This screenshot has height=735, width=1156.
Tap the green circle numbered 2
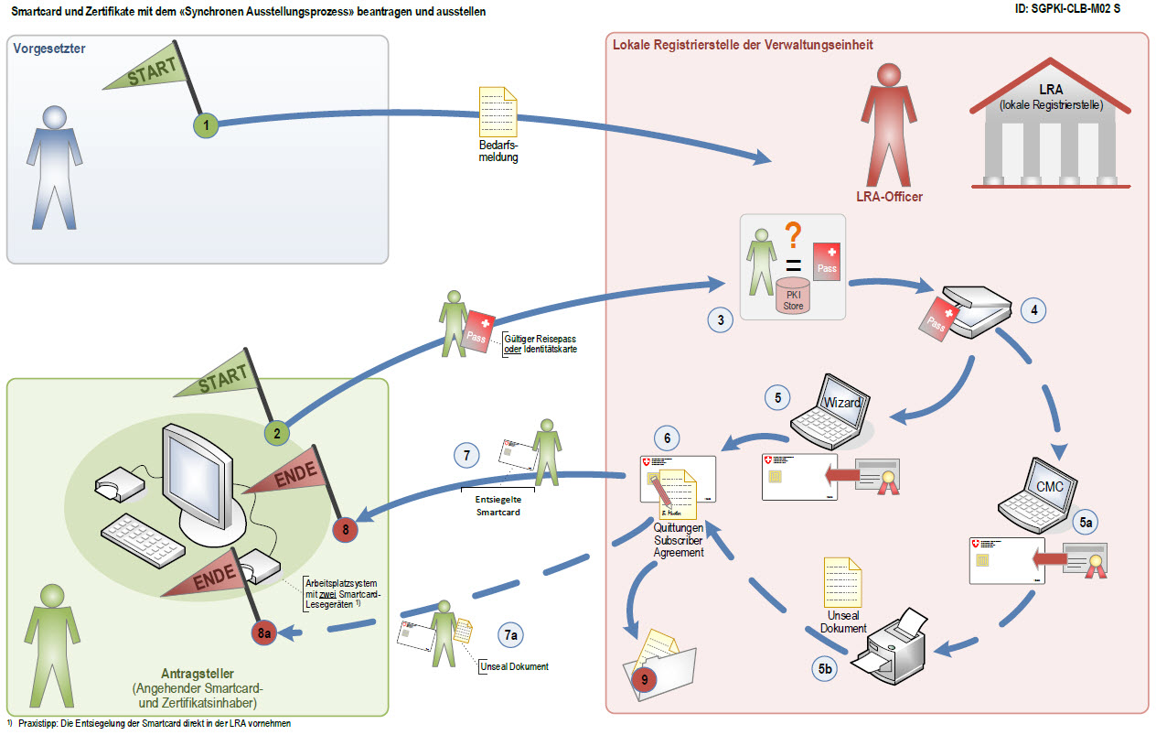pyautogui.click(x=276, y=433)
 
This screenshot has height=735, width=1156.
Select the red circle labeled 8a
pyautogui.click(x=265, y=632)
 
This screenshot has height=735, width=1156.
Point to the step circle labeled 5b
pyautogui.click(x=825, y=668)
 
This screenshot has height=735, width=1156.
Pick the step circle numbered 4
pyautogui.click(x=1033, y=310)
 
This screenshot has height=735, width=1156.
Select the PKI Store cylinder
pyautogui.click(x=793, y=295)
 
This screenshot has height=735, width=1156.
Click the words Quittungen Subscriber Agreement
pyautogui.click(x=678, y=540)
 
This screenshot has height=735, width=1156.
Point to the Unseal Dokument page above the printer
pyautogui.click(x=842, y=580)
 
